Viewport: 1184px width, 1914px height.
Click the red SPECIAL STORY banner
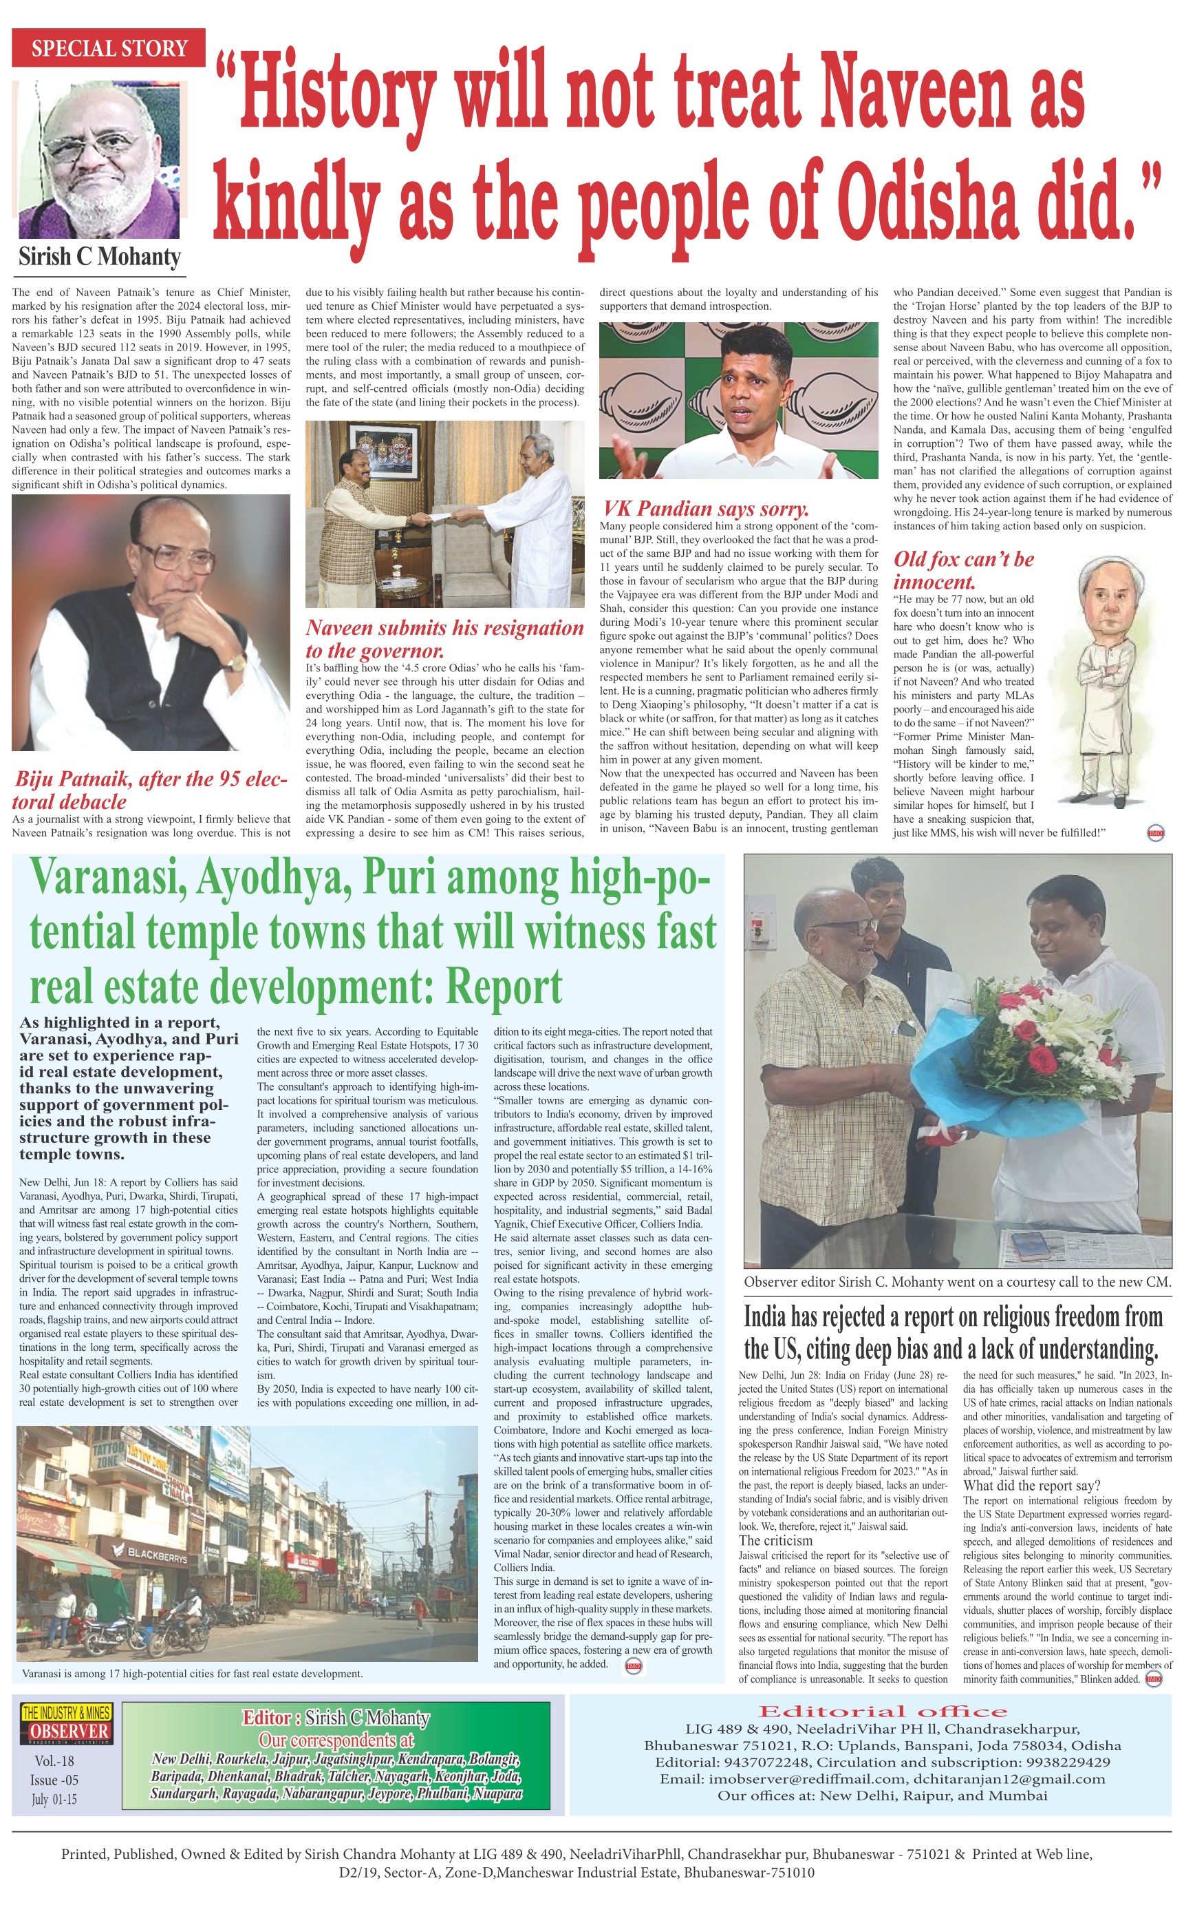coord(109,49)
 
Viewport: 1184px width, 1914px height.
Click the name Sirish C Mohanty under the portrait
coord(100,256)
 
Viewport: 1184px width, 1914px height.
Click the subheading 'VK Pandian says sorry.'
coord(704,509)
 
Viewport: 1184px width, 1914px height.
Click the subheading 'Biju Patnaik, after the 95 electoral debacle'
coord(151,790)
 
